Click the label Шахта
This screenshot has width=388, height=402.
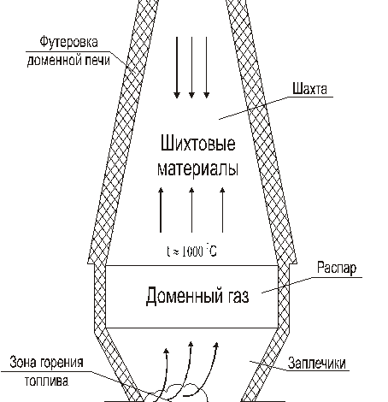coord(309,88)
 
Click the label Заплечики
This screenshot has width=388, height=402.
coord(318,363)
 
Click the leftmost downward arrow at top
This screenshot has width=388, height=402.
coord(176,68)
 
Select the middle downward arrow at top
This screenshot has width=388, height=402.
coord(191,68)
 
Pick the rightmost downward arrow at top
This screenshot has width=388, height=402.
coord(208,68)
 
